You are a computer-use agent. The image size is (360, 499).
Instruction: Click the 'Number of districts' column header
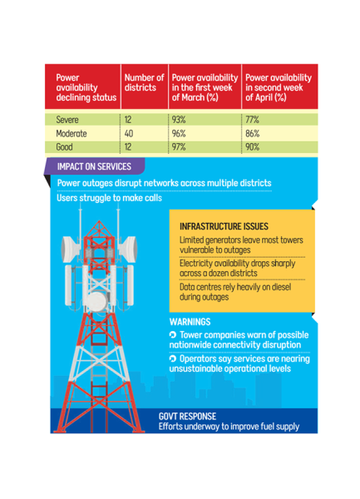click(x=144, y=82)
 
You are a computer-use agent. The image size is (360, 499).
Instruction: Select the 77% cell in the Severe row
click(x=252, y=120)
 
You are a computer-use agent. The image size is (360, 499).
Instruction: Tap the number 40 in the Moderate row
click(x=129, y=133)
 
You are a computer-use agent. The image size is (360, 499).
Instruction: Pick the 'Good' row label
click(x=64, y=147)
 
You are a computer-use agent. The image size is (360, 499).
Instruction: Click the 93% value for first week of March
click(x=179, y=120)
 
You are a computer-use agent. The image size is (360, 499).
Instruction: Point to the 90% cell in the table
click(x=253, y=147)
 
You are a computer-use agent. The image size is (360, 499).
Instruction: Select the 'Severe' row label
click(x=67, y=120)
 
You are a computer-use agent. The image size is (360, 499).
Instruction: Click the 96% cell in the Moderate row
click(x=179, y=133)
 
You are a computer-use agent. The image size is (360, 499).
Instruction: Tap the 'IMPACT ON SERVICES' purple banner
click(x=94, y=166)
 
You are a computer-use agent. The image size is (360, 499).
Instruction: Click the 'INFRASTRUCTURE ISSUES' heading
click(x=224, y=226)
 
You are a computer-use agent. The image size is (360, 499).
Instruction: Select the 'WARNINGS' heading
click(x=190, y=322)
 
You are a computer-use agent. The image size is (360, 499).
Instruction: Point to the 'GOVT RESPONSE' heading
click(x=187, y=417)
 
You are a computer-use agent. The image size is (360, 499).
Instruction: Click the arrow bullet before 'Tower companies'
click(x=173, y=335)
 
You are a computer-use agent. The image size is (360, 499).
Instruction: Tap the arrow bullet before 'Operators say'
click(x=173, y=358)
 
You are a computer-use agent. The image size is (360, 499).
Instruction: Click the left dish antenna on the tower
click(x=71, y=249)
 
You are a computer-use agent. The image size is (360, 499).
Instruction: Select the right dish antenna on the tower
click(x=128, y=249)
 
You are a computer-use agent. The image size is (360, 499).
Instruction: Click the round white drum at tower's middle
click(x=96, y=302)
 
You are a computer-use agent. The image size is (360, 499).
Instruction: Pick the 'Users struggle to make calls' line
click(x=110, y=198)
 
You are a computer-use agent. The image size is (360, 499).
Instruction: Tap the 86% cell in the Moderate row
click(x=253, y=133)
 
